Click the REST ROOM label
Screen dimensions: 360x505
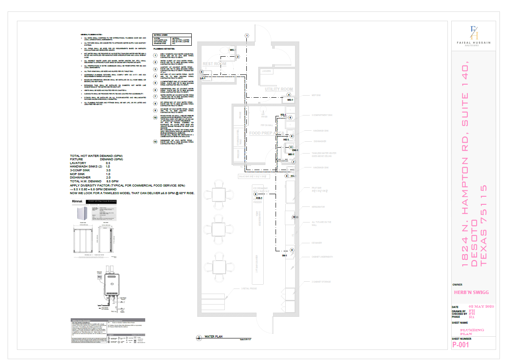(x=215, y=64)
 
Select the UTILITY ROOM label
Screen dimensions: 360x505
(x=279, y=89)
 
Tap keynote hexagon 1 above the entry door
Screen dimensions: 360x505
(x=247, y=36)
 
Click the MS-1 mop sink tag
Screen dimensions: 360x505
(x=290, y=100)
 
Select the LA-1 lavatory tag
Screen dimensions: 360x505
(x=203, y=79)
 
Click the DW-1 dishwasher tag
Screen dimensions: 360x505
(x=295, y=150)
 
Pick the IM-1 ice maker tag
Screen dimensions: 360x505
(x=285, y=256)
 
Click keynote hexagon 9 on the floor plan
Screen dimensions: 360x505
(x=292, y=250)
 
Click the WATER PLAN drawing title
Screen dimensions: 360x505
(x=214, y=337)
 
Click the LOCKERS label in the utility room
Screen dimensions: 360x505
(x=266, y=71)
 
